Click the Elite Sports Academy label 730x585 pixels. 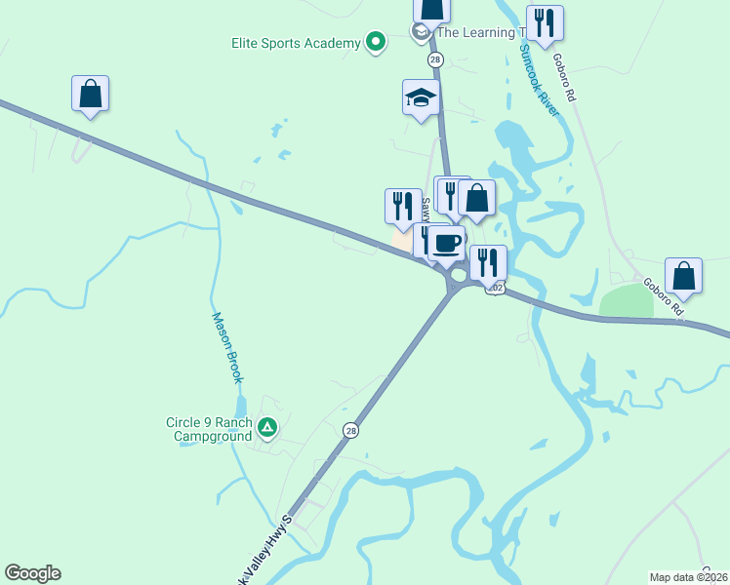(x=296, y=43)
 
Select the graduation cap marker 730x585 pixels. (x=421, y=97)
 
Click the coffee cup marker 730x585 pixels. (x=446, y=244)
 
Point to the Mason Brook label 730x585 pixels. (x=226, y=347)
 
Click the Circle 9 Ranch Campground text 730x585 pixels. (x=208, y=429)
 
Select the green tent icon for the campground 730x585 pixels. (x=267, y=427)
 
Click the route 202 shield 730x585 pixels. (x=496, y=288)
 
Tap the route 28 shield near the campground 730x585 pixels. (x=350, y=430)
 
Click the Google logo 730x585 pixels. (x=32, y=573)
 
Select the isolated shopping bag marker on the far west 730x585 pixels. (x=90, y=94)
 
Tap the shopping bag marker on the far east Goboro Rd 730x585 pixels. (x=684, y=275)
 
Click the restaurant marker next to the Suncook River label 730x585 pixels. (x=545, y=22)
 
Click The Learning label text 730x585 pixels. (x=474, y=32)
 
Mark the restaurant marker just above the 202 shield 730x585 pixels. (x=488, y=262)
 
